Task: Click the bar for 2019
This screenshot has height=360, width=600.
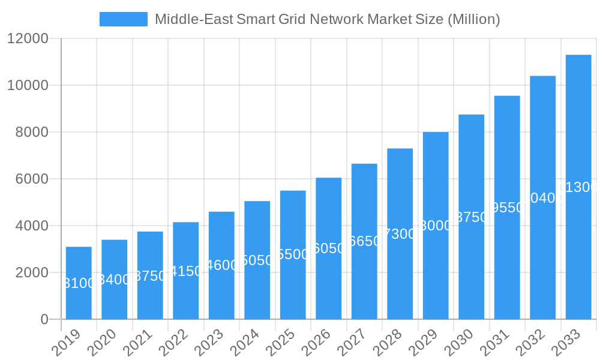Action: tap(79, 283)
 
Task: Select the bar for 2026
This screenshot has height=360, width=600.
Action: tap(328, 248)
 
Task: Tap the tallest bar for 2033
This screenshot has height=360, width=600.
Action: tap(578, 187)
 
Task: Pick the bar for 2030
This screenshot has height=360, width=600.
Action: tap(471, 217)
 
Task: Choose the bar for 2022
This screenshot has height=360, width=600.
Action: tap(186, 271)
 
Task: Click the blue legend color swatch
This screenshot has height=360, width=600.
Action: tap(123, 19)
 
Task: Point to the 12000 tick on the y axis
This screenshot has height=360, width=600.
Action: tap(28, 38)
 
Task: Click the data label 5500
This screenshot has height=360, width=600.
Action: tap(293, 254)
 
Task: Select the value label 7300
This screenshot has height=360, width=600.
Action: tap(400, 234)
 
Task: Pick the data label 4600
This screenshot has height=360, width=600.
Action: tap(221, 265)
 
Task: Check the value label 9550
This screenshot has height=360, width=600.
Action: tap(507, 208)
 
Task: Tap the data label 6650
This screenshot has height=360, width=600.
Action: tap(364, 241)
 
